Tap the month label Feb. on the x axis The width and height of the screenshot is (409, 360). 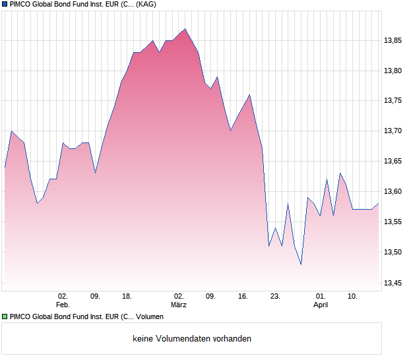click(x=63, y=305)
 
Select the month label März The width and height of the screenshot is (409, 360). click(x=178, y=305)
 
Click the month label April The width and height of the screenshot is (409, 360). click(x=321, y=305)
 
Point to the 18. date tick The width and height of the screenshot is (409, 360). click(x=127, y=297)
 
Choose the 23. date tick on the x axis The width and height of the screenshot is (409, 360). click(x=275, y=297)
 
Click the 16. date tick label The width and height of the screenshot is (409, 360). click(x=243, y=297)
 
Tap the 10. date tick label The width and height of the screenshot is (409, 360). click(x=353, y=297)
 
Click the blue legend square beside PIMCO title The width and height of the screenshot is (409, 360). click(x=5, y=5)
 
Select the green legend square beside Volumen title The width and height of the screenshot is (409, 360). click(x=5, y=317)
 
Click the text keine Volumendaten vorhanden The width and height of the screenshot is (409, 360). click(x=192, y=339)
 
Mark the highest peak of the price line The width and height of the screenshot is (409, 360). click(x=185, y=29)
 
